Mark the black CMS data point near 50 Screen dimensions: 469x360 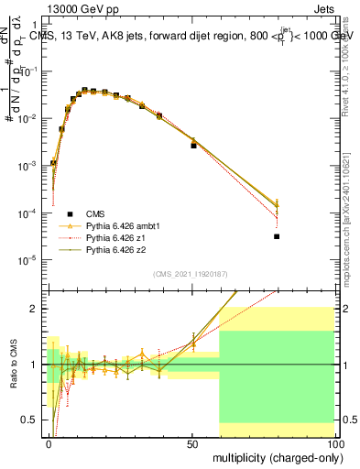point(193,146)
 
